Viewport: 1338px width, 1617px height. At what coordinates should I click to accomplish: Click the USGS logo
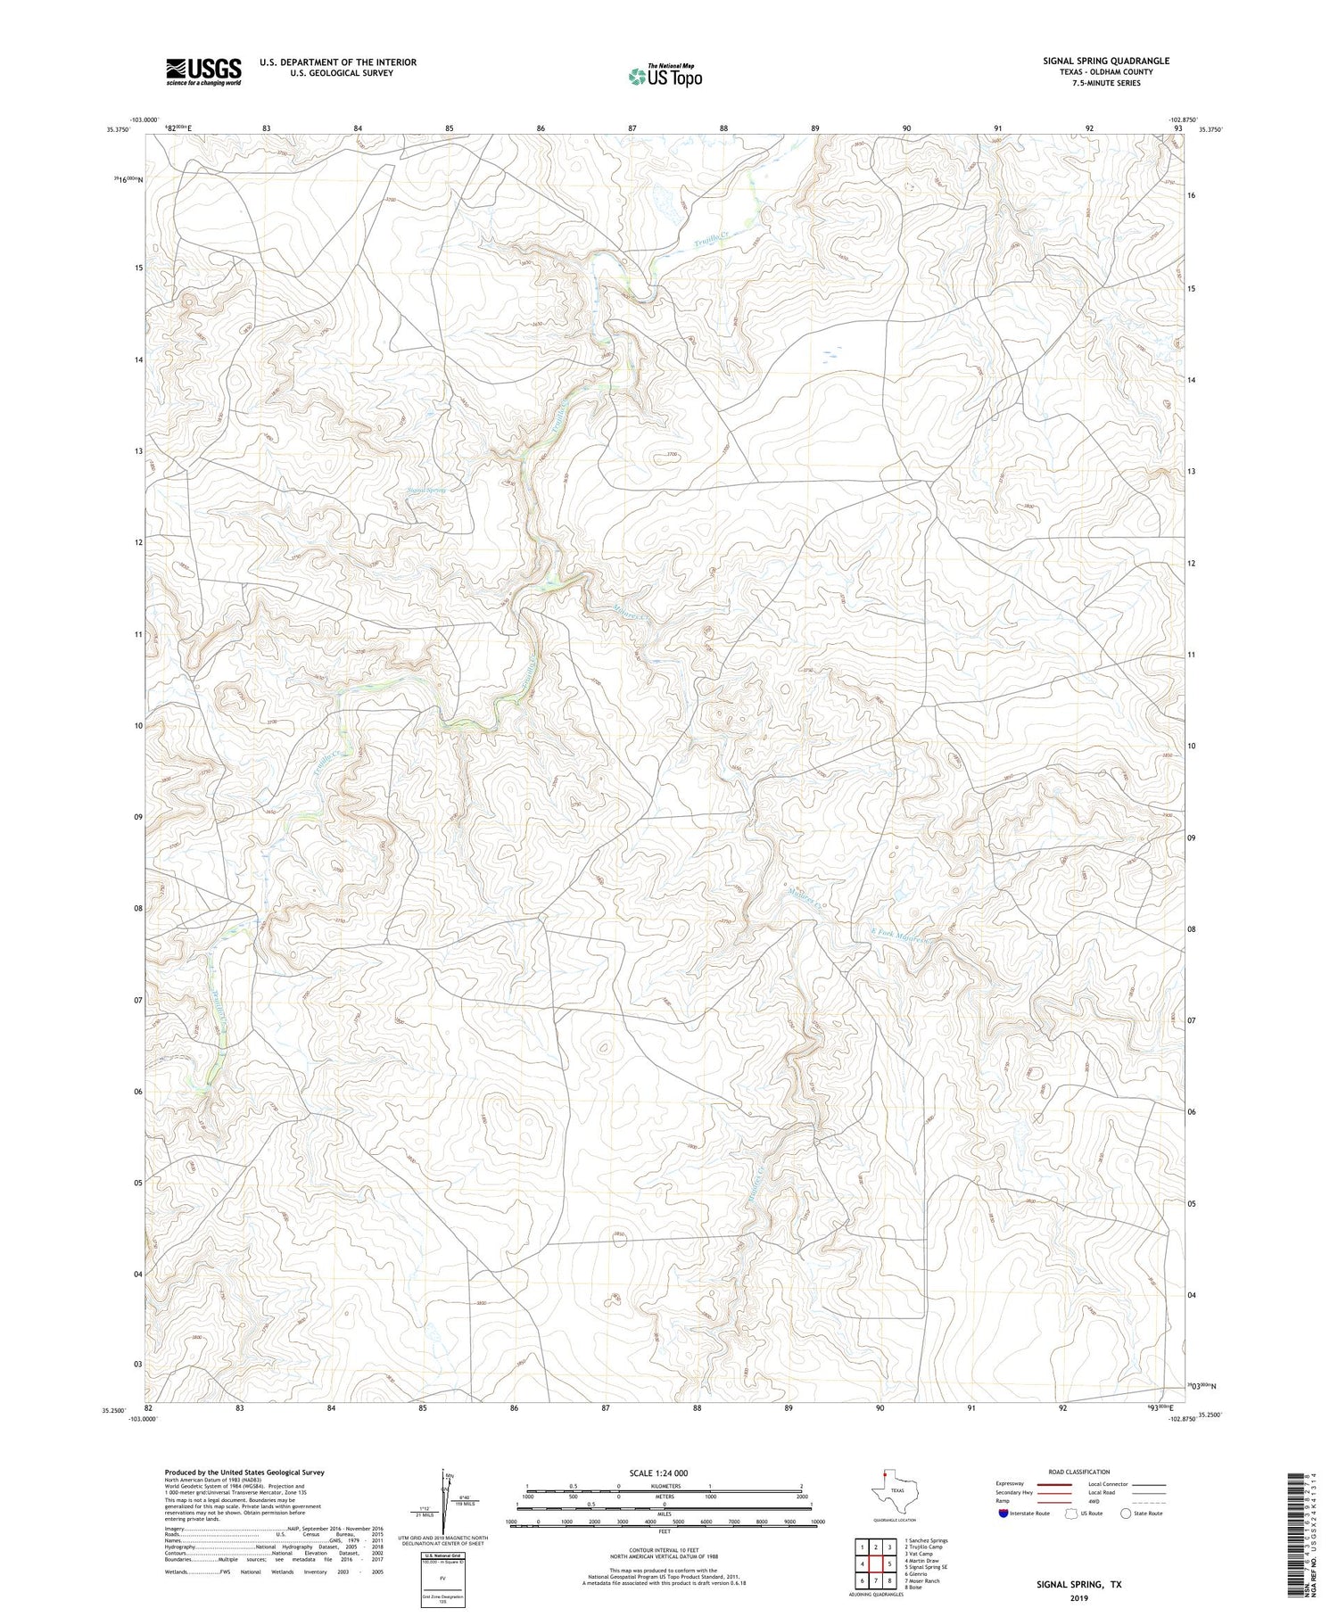point(203,71)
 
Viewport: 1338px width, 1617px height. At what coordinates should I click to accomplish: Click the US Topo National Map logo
point(665,76)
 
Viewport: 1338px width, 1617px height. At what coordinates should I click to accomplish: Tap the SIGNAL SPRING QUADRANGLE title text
point(1105,61)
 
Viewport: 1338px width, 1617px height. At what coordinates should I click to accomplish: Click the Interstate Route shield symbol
point(1004,1513)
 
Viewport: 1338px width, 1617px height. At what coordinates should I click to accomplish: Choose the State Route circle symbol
point(1127,1513)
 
